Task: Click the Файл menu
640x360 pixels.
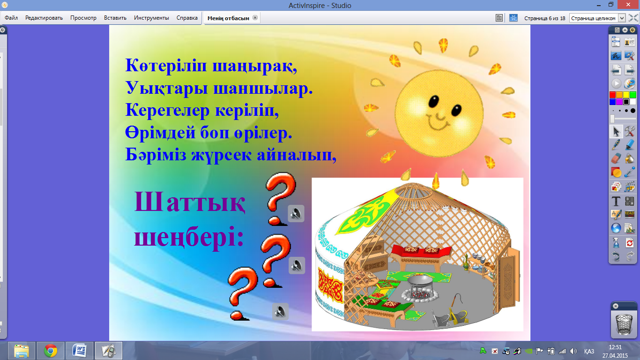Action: click(x=11, y=18)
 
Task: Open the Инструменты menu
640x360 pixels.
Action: click(x=151, y=18)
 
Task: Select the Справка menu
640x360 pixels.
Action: click(x=187, y=18)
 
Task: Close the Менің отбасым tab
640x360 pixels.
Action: click(x=255, y=17)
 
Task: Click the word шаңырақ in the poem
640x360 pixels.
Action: click(x=254, y=66)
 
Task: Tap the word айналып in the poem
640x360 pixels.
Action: click(x=296, y=155)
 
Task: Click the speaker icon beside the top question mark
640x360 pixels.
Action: click(x=296, y=213)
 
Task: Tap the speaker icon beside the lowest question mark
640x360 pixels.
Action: click(x=280, y=311)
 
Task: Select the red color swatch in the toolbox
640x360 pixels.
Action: click(x=612, y=95)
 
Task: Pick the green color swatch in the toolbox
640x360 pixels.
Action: click(x=633, y=95)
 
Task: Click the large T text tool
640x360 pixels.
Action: click(x=616, y=201)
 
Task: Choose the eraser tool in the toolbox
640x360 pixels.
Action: click(x=616, y=158)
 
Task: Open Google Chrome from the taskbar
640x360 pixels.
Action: click(x=51, y=351)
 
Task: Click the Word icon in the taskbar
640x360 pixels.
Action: click(x=80, y=351)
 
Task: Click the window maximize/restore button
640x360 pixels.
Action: click(x=610, y=5)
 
